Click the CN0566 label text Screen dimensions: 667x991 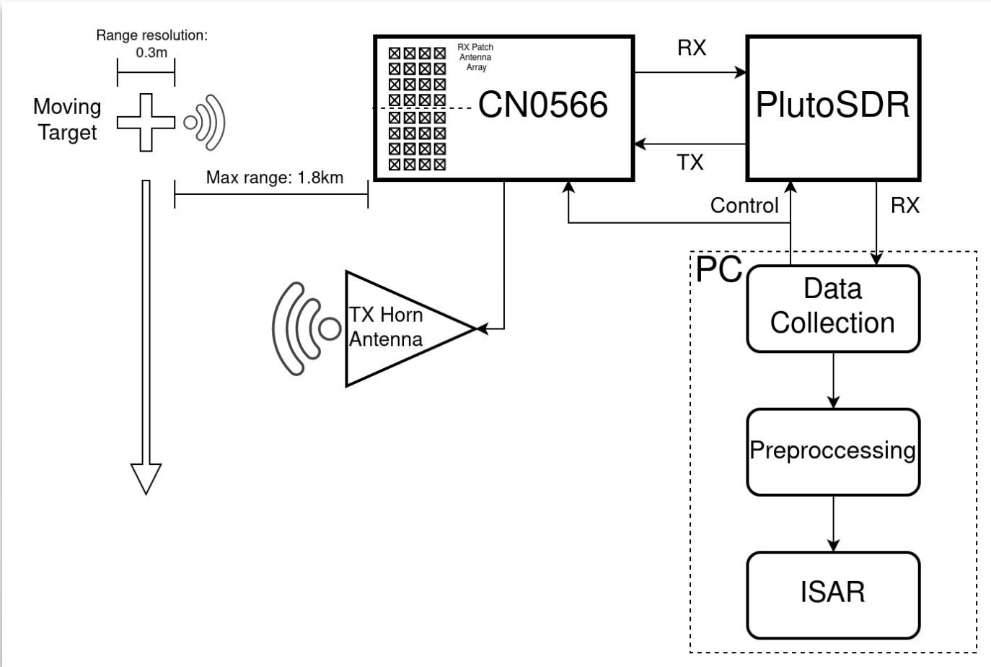542,105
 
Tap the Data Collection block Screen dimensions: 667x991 832,308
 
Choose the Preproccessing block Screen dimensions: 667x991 832,451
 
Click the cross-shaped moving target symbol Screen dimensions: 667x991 146,122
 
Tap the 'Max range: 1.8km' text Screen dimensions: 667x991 274,178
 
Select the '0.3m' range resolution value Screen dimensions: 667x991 151,53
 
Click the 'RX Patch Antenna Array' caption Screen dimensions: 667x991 475,57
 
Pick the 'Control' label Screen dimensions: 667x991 744,206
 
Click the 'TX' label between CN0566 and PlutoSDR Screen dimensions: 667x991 690,162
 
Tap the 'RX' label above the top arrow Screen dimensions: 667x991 692,48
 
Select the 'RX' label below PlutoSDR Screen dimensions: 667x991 904,206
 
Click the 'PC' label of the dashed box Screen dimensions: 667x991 718,269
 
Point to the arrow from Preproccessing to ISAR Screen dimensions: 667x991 833,523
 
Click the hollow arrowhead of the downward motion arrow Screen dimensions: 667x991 146,478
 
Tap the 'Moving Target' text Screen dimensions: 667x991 67,120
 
